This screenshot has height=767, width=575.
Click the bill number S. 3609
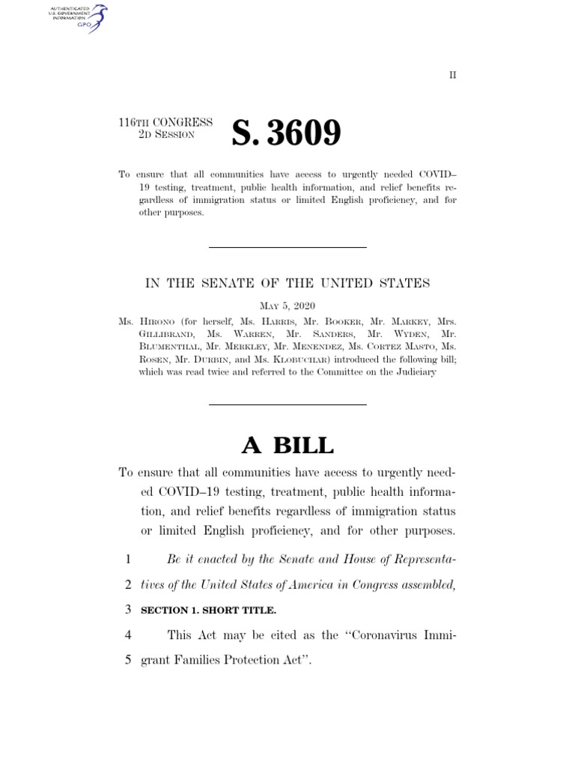(286, 134)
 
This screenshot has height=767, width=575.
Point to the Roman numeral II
(452, 75)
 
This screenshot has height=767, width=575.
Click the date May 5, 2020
(287, 306)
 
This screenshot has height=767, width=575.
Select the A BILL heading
(287, 445)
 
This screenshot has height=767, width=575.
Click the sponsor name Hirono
(156, 320)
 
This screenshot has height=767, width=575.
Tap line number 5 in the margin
(127, 661)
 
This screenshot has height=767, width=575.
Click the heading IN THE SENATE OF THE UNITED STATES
(287, 282)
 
